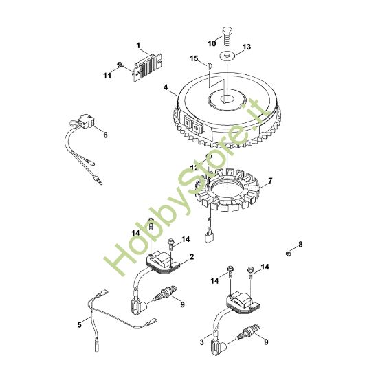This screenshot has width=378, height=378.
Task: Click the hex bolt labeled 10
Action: (x=226, y=36)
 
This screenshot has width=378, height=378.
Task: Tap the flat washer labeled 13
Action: (x=227, y=56)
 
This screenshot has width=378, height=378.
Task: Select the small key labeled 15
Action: (x=209, y=65)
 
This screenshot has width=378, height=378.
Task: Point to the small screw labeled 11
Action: (x=120, y=65)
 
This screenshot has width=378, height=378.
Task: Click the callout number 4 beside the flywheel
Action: (x=166, y=87)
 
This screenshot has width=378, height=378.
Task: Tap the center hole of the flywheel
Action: (x=227, y=98)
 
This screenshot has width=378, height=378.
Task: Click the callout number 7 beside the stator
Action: (x=270, y=181)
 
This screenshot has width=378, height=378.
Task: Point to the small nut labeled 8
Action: (x=287, y=254)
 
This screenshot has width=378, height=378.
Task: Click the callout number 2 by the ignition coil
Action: (x=192, y=257)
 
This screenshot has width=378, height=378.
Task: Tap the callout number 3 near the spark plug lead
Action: (x=202, y=342)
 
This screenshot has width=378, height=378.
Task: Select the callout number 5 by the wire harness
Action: (x=80, y=325)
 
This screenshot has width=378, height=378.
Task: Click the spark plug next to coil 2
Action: (x=166, y=293)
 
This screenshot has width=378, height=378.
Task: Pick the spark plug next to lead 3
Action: (x=248, y=332)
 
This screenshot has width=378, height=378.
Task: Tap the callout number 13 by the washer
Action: (x=246, y=47)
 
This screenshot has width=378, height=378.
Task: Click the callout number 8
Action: (x=300, y=245)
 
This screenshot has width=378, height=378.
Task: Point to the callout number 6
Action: (x=105, y=135)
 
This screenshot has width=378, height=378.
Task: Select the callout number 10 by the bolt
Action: (x=212, y=43)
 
